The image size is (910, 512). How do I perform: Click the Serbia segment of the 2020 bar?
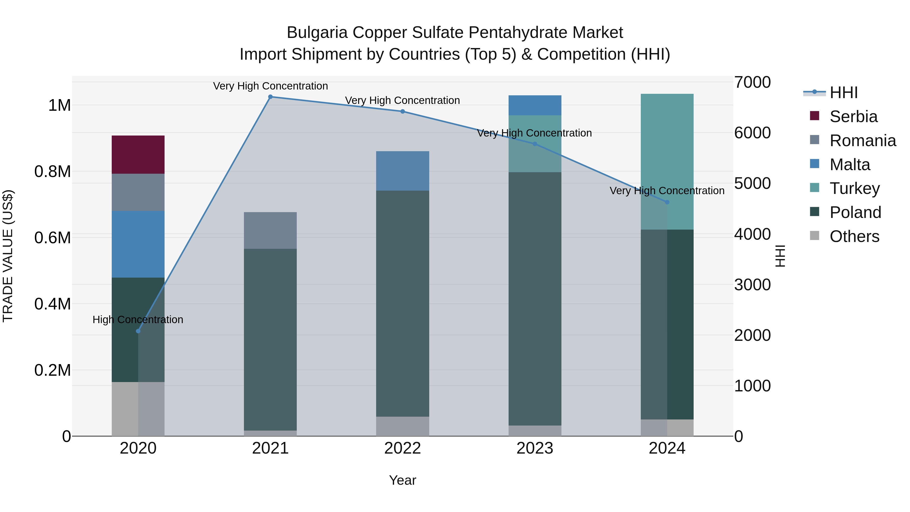(x=138, y=154)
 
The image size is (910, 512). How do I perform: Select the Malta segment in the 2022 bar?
(x=402, y=171)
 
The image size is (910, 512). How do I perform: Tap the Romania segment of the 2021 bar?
(x=270, y=230)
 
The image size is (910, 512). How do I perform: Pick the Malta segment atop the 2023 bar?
(x=534, y=105)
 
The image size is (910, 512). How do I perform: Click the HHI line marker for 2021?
(x=270, y=97)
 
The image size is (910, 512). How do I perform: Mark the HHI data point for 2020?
(x=138, y=331)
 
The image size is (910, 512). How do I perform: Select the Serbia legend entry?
(x=853, y=117)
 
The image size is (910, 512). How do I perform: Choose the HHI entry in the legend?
(x=844, y=93)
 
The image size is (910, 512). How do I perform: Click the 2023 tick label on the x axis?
(x=534, y=448)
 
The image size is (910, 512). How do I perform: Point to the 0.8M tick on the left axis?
(x=53, y=172)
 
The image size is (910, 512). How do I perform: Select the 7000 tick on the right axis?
(x=752, y=82)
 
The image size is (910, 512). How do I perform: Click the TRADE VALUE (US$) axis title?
(x=8, y=256)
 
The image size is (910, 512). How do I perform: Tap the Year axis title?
(x=402, y=480)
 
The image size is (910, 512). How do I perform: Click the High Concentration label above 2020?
(x=138, y=319)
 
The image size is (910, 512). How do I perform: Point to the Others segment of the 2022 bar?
(x=402, y=426)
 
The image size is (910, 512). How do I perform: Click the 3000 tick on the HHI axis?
(x=752, y=285)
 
